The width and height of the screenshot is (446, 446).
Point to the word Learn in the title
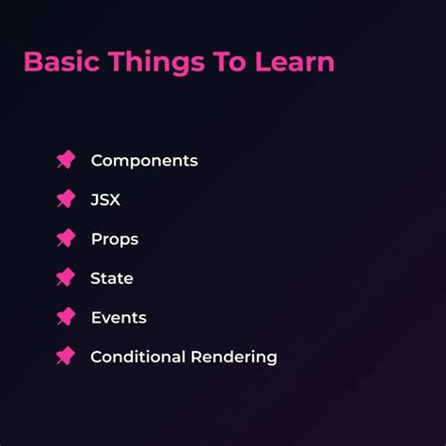point(297,62)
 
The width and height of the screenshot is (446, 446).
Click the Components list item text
point(144,161)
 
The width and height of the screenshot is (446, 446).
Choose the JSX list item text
point(105,199)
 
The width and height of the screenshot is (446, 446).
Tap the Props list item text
point(115,239)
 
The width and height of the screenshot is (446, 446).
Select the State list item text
point(112,279)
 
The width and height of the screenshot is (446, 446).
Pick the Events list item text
point(119,318)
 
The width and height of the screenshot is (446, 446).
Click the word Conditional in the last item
point(137,358)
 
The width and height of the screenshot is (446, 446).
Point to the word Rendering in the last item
point(233,358)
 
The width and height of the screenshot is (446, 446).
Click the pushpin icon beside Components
point(65,160)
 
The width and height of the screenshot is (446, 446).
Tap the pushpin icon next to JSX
point(65,199)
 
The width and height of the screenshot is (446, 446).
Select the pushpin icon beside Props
point(65,239)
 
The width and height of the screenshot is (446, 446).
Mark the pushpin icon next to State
point(65,278)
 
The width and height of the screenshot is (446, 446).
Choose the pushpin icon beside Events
point(65,317)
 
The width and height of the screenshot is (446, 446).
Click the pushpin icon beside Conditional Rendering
point(65,357)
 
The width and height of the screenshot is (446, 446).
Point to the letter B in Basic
point(33,62)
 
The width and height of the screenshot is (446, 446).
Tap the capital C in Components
point(97,161)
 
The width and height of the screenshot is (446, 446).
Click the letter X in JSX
point(115,199)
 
